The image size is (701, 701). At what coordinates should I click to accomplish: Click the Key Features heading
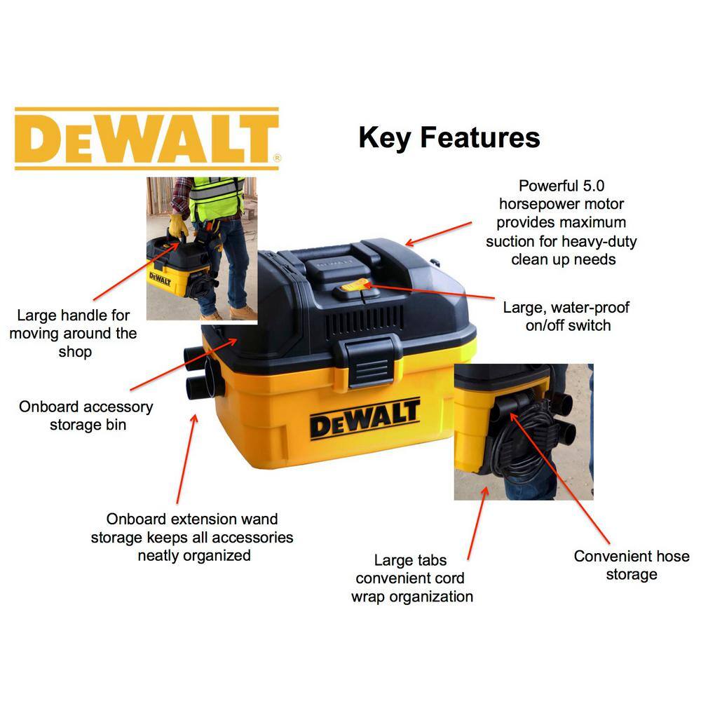(x=449, y=137)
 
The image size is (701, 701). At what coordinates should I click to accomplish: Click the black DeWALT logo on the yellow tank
(x=365, y=418)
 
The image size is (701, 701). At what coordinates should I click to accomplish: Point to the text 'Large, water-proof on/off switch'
(x=566, y=316)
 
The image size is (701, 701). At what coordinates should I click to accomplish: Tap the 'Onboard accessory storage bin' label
(x=86, y=415)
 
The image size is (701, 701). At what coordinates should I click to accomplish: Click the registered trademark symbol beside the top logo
(x=278, y=159)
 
